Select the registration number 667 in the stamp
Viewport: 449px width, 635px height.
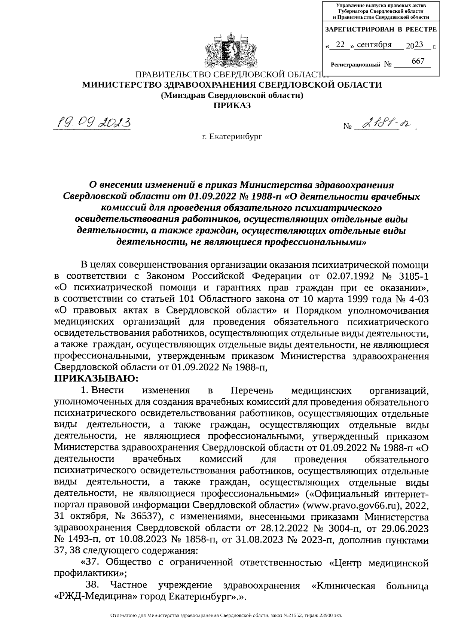418,61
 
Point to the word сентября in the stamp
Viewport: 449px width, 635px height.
374,45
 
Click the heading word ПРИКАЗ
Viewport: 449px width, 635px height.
232,105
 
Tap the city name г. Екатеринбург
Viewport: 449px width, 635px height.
232,137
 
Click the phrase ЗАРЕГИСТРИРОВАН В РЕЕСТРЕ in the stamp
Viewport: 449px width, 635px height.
381,29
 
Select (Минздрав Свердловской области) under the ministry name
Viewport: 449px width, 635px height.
232,95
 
